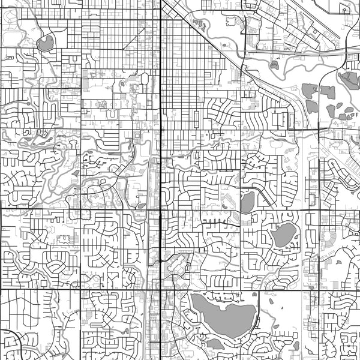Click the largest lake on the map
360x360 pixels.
[223, 316]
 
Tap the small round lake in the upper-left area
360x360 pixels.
[45, 43]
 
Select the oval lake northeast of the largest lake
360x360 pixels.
[283, 235]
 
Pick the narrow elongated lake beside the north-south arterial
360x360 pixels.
[247, 203]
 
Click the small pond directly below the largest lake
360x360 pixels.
[214, 344]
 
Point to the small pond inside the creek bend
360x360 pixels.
[275, 65]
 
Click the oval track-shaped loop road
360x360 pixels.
[145, 79]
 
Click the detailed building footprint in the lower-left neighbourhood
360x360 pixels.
[62, 239]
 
